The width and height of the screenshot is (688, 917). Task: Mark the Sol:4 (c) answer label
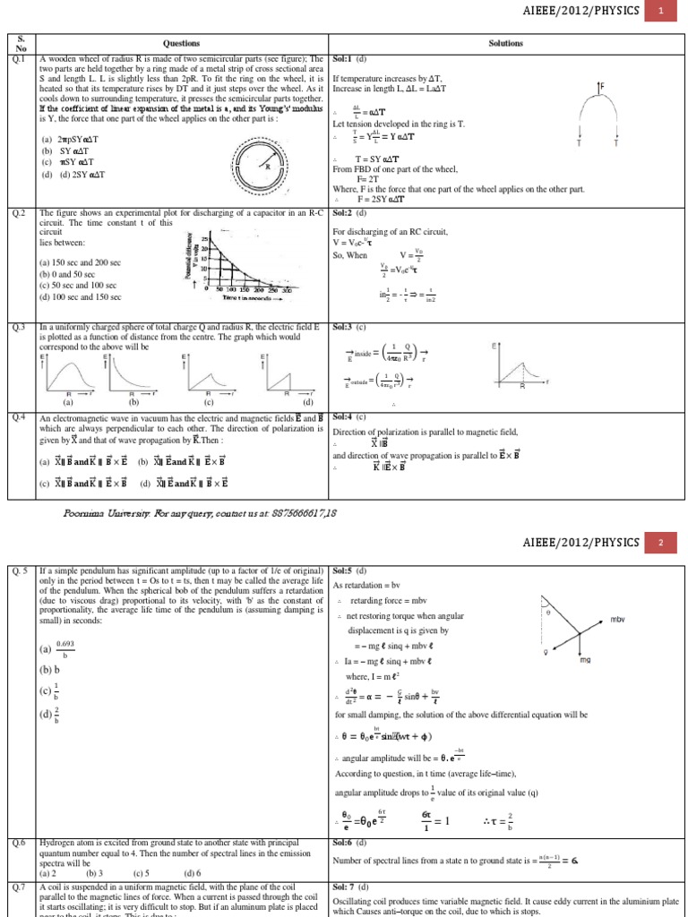click(349, 417)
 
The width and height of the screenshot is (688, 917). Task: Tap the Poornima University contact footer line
click(200, 512)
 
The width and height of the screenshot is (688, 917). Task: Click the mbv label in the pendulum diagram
click(617, 619)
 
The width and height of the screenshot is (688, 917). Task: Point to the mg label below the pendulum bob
click(585, 659)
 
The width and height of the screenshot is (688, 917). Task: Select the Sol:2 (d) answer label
click(349, 214)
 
